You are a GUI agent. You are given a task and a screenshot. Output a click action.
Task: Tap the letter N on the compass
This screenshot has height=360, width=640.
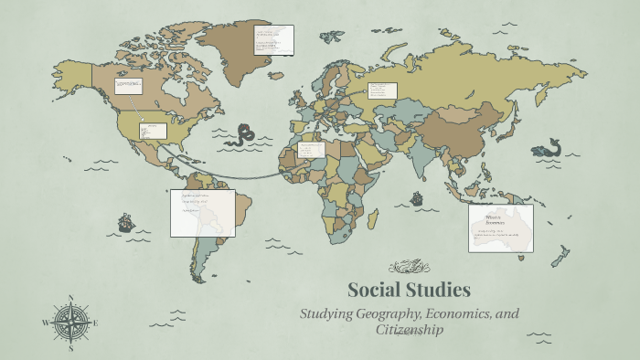[x=71, y=297]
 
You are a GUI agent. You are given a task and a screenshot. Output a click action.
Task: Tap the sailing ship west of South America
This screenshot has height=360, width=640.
[x=125, y=222]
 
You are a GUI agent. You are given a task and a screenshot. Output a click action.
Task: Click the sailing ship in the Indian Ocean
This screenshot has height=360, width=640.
[x=417, y=197]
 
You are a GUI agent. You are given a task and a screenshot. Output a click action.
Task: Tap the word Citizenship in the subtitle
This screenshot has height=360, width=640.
[x=410, y=329]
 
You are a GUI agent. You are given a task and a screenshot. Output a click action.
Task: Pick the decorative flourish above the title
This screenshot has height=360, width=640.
[x=409, y=267]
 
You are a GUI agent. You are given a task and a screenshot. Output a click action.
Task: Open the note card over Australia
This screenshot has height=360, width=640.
[x=500, y=228]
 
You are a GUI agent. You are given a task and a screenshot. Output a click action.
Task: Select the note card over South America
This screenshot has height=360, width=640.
[x=202, y=213]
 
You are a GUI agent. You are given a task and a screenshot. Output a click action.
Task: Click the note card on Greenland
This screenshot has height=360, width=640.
[x=274, y=38]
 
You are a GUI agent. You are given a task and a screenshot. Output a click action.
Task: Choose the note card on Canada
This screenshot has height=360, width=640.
[x=128, y=86]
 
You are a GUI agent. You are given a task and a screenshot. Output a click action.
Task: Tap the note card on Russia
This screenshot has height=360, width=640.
[x=382, y=90]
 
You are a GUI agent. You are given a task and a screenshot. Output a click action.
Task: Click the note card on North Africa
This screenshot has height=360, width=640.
[x=311, y=150]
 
